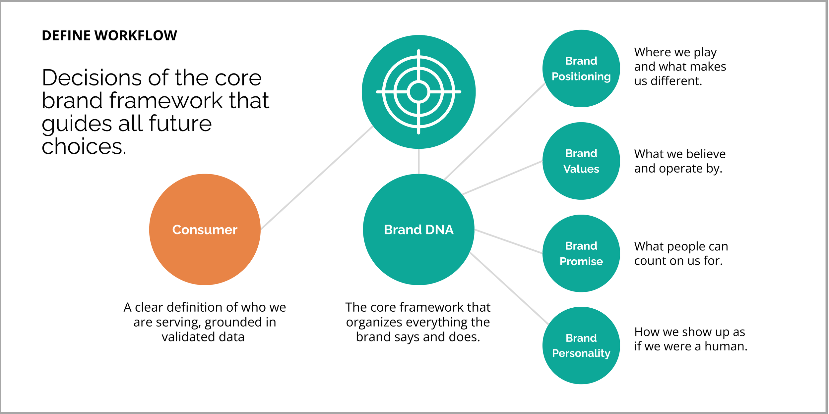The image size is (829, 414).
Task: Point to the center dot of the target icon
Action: [418, 92]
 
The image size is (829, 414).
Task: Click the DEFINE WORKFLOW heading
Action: [109, 35]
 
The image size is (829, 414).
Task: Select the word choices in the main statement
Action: [84, 146]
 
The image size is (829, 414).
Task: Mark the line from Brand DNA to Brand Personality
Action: [509, 288]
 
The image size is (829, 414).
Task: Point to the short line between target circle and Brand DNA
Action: [418, 161]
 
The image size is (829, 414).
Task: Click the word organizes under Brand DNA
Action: [374, 322]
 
